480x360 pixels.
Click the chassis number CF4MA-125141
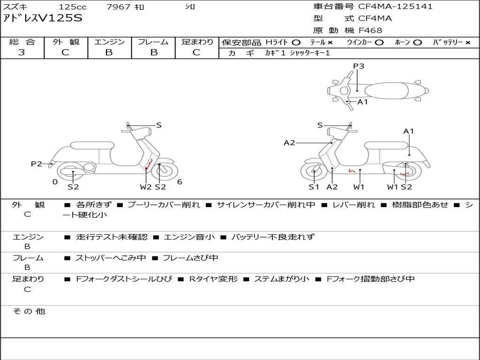[395, 7]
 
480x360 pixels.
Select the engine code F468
[370, 30]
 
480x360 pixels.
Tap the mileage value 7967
[118, 7]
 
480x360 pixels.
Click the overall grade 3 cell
[22, 52]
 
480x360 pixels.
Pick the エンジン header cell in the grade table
[109, 42]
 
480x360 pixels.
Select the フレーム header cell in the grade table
[153, 42]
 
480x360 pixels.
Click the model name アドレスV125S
[43, 19]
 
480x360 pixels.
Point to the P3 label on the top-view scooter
[359, 66]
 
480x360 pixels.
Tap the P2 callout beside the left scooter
[37, 164]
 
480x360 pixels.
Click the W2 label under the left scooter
[146, 187]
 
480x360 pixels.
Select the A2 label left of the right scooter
[289, 142]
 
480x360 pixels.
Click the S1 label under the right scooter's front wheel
[314, 187]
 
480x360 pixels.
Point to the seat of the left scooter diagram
[92, 145]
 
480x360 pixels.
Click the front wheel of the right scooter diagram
[314, 172]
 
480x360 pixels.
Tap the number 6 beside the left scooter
[180, 182]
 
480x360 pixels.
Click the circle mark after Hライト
[296, 42]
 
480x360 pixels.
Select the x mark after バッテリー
[468, 42]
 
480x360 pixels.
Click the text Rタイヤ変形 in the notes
[213, 279]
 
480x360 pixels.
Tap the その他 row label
[29, 311]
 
